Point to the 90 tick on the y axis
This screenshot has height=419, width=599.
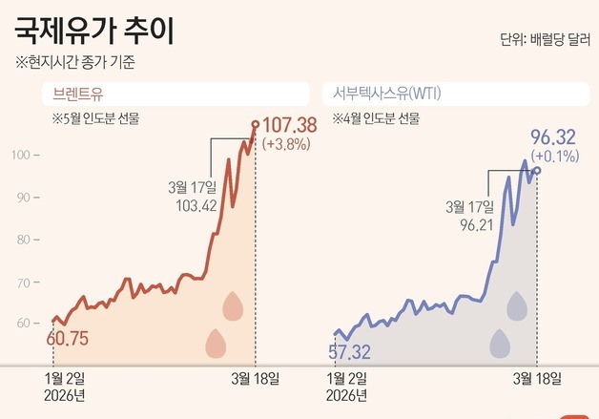(x=28, y=197)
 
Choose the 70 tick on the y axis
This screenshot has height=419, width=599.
(x=28, y=281)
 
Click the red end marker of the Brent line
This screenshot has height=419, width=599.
(x=255, y=124)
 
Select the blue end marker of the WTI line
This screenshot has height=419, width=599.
(x=537, y=170)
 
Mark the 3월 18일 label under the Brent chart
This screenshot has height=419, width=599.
(x=255, y=379)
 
